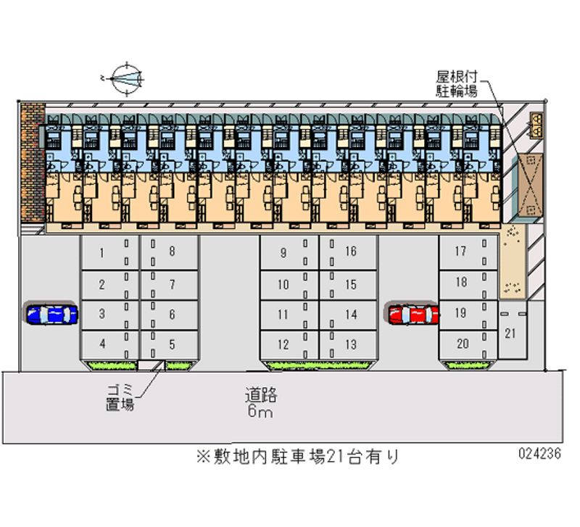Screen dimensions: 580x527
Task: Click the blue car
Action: coord(51,314)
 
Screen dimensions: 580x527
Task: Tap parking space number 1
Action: coord(109,252)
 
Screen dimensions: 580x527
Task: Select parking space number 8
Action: coord(169,252)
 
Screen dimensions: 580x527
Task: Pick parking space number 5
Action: coord(169,344)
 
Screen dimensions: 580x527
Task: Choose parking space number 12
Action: coord(289,344)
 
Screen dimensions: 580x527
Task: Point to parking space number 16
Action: coord(349,252)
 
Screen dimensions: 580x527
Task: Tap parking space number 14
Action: coord(349,315)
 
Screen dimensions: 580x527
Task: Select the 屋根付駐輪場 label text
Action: coord(456,84)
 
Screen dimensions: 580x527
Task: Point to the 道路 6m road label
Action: coord(260,404)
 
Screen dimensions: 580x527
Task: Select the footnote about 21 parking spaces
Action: coord(297,457)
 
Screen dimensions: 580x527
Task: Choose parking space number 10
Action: coord(289,284)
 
